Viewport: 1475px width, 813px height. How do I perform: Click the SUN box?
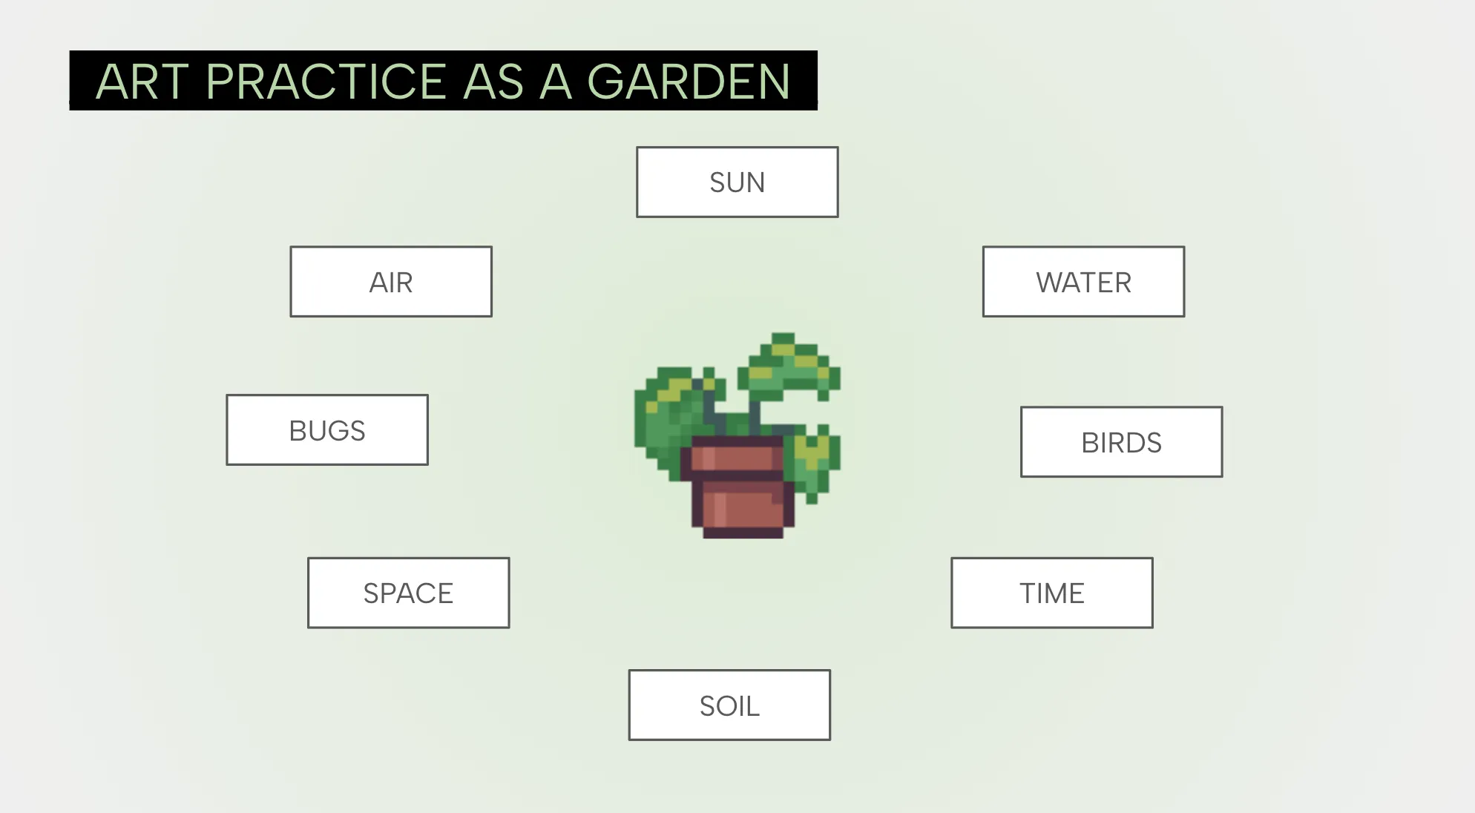pos(737,182)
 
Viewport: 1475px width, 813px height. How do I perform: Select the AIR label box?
pos(391,282)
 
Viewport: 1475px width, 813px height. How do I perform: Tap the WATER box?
pos(1083,282)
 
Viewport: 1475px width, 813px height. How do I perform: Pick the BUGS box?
pos(327,430)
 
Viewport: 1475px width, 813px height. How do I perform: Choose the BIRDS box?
pos(1121,442)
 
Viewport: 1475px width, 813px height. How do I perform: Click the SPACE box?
pos(408,593)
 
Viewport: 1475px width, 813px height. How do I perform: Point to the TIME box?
pos(1051,593)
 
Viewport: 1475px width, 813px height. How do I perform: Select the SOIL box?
pos(729,705)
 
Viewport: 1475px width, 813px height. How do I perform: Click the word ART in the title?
pos(142,82)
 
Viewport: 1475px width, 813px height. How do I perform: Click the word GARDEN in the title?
pos(689,82)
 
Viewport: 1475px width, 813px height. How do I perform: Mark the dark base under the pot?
pos(743,532)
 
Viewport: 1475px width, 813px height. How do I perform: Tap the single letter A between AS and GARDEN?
pos(555,82)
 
